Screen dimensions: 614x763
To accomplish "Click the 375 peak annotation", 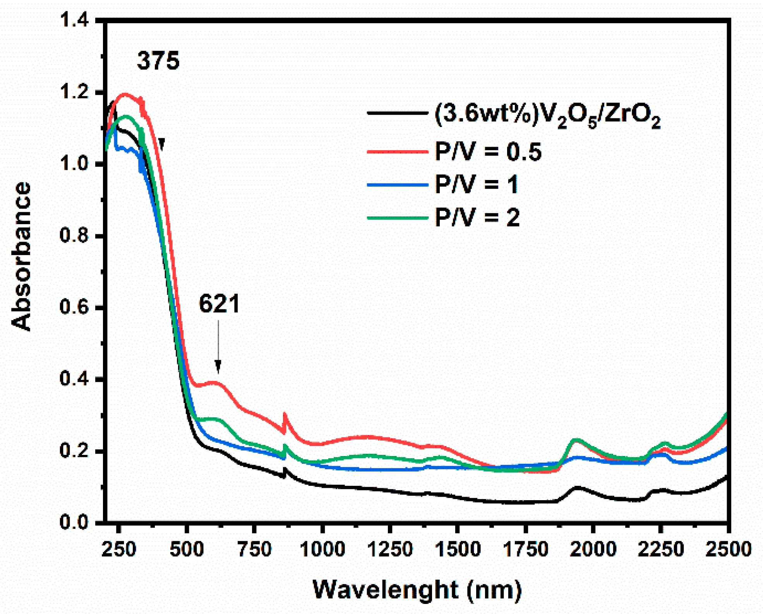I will [x=158, y=61].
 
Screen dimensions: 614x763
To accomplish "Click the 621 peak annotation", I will [x=219, y=304].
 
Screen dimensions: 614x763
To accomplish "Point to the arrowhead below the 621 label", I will [x=218, y=366].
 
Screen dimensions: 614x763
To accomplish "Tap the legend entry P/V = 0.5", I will [x=488, y=151].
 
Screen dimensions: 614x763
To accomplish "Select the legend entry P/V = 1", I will [x=476, y=184].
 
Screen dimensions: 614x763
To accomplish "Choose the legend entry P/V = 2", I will [x=477, y=218].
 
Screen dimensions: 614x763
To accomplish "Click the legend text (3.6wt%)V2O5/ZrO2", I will [x=547, y=115].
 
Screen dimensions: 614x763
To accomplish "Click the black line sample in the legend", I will [x=397, y=113].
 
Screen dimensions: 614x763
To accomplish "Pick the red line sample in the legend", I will [x=397, y=151].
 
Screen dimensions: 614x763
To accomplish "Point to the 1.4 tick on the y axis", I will [x=74, y=20].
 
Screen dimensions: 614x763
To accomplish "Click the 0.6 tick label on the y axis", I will [x=74, y=307].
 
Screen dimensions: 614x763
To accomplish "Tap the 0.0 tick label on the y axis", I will [x=74, y=523].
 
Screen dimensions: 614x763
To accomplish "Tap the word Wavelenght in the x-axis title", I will [x=385, y=590].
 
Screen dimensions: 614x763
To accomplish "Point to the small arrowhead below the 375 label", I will [x=162, y=144].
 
